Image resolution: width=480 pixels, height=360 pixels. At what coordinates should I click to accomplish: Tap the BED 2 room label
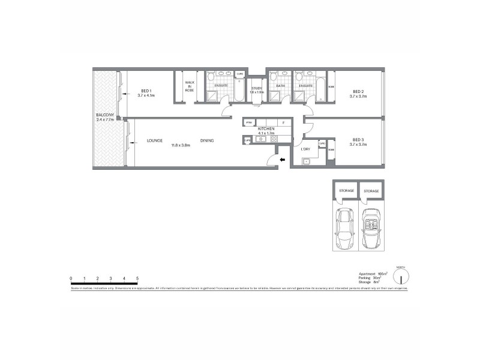(x=358, y=90)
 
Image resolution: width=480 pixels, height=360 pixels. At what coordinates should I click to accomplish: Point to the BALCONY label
(x=105, y=115)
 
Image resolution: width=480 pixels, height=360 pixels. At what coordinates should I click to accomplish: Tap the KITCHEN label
(x=266, y=129)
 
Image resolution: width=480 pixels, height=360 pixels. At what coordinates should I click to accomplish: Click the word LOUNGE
(x=155, y=141)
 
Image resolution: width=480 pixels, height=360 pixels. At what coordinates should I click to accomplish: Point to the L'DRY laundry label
(x=305, y=148)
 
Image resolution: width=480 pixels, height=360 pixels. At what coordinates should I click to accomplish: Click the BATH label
(x=280, y=86)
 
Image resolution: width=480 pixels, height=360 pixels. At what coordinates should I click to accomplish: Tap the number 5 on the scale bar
(x=137, y=278)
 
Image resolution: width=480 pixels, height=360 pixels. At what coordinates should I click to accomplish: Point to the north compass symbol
(x=401, y=276)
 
